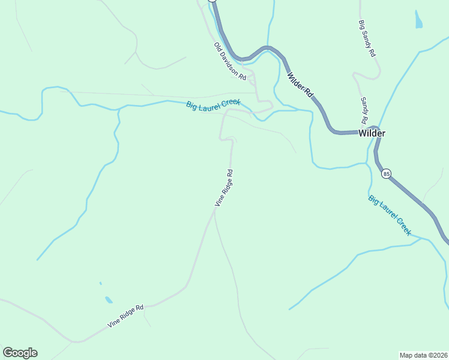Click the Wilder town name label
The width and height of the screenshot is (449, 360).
pos(372,133)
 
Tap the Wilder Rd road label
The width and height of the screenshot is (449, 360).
pos(300,86)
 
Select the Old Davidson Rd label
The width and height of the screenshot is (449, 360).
pos(230,61)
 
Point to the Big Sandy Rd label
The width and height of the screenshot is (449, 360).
pos(367,39)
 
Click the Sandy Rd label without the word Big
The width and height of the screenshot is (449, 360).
pos(364,110)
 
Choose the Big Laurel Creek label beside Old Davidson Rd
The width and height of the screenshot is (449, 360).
pos(213,104)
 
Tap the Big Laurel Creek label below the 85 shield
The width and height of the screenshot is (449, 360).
pos(390,215)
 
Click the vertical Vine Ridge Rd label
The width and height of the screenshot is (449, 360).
pos(224,188)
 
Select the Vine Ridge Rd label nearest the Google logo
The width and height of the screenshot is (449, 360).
pos(126,316)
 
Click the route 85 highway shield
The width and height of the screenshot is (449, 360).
pos(386,174)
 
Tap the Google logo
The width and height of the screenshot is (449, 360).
pos(20,353)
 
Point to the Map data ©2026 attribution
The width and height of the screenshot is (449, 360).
pos(423,355)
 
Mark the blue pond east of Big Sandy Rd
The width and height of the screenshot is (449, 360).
pos(418,19)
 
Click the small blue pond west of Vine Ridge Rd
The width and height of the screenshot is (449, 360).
pos(108,299)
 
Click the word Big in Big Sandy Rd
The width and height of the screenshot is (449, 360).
pos(362,26)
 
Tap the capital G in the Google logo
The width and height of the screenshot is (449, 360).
pos(8,353)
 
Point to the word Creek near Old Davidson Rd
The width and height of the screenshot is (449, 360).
pos(231,103)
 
